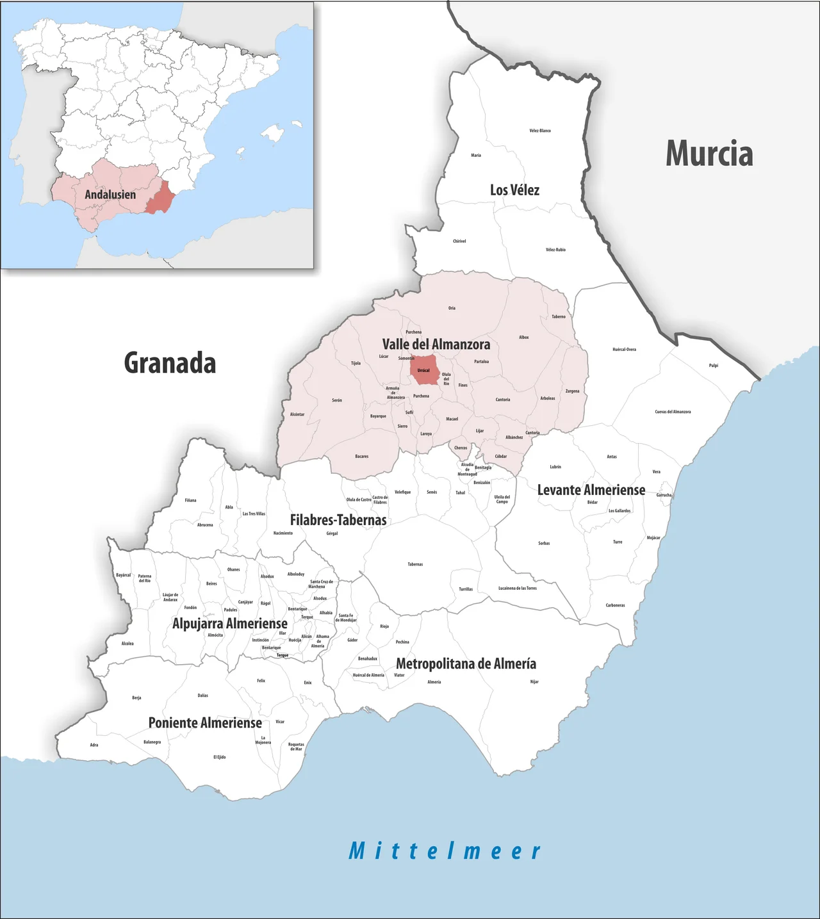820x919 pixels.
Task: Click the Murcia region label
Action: pos(709,154)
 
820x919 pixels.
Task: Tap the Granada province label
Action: pos(170,363)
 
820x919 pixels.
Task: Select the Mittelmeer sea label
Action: pos(445,851)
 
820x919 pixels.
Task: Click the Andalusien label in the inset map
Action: pos(110,194)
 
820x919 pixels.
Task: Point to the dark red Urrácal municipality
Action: pos(424,370)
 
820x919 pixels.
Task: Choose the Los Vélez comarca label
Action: pos(514,190)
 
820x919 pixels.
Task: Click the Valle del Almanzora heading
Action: pos(436,345)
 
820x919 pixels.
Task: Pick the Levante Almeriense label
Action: pos(591,490)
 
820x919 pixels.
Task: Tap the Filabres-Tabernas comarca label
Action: pos(338,520)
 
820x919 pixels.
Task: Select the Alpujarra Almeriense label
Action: pos(230,623)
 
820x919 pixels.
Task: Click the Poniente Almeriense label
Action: pos(205,723)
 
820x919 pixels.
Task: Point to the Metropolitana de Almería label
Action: pos(466,663)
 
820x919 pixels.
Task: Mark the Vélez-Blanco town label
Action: pos(540,131)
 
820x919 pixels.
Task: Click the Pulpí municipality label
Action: pos(714,366)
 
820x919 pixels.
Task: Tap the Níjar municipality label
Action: pos(534,681)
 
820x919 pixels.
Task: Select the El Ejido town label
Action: pos(220,757)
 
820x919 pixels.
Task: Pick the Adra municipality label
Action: pos(94,745)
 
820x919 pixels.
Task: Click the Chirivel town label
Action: pos(459,241)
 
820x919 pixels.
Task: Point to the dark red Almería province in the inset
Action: pos(160,198)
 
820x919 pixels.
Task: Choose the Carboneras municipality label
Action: pos(615,605)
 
